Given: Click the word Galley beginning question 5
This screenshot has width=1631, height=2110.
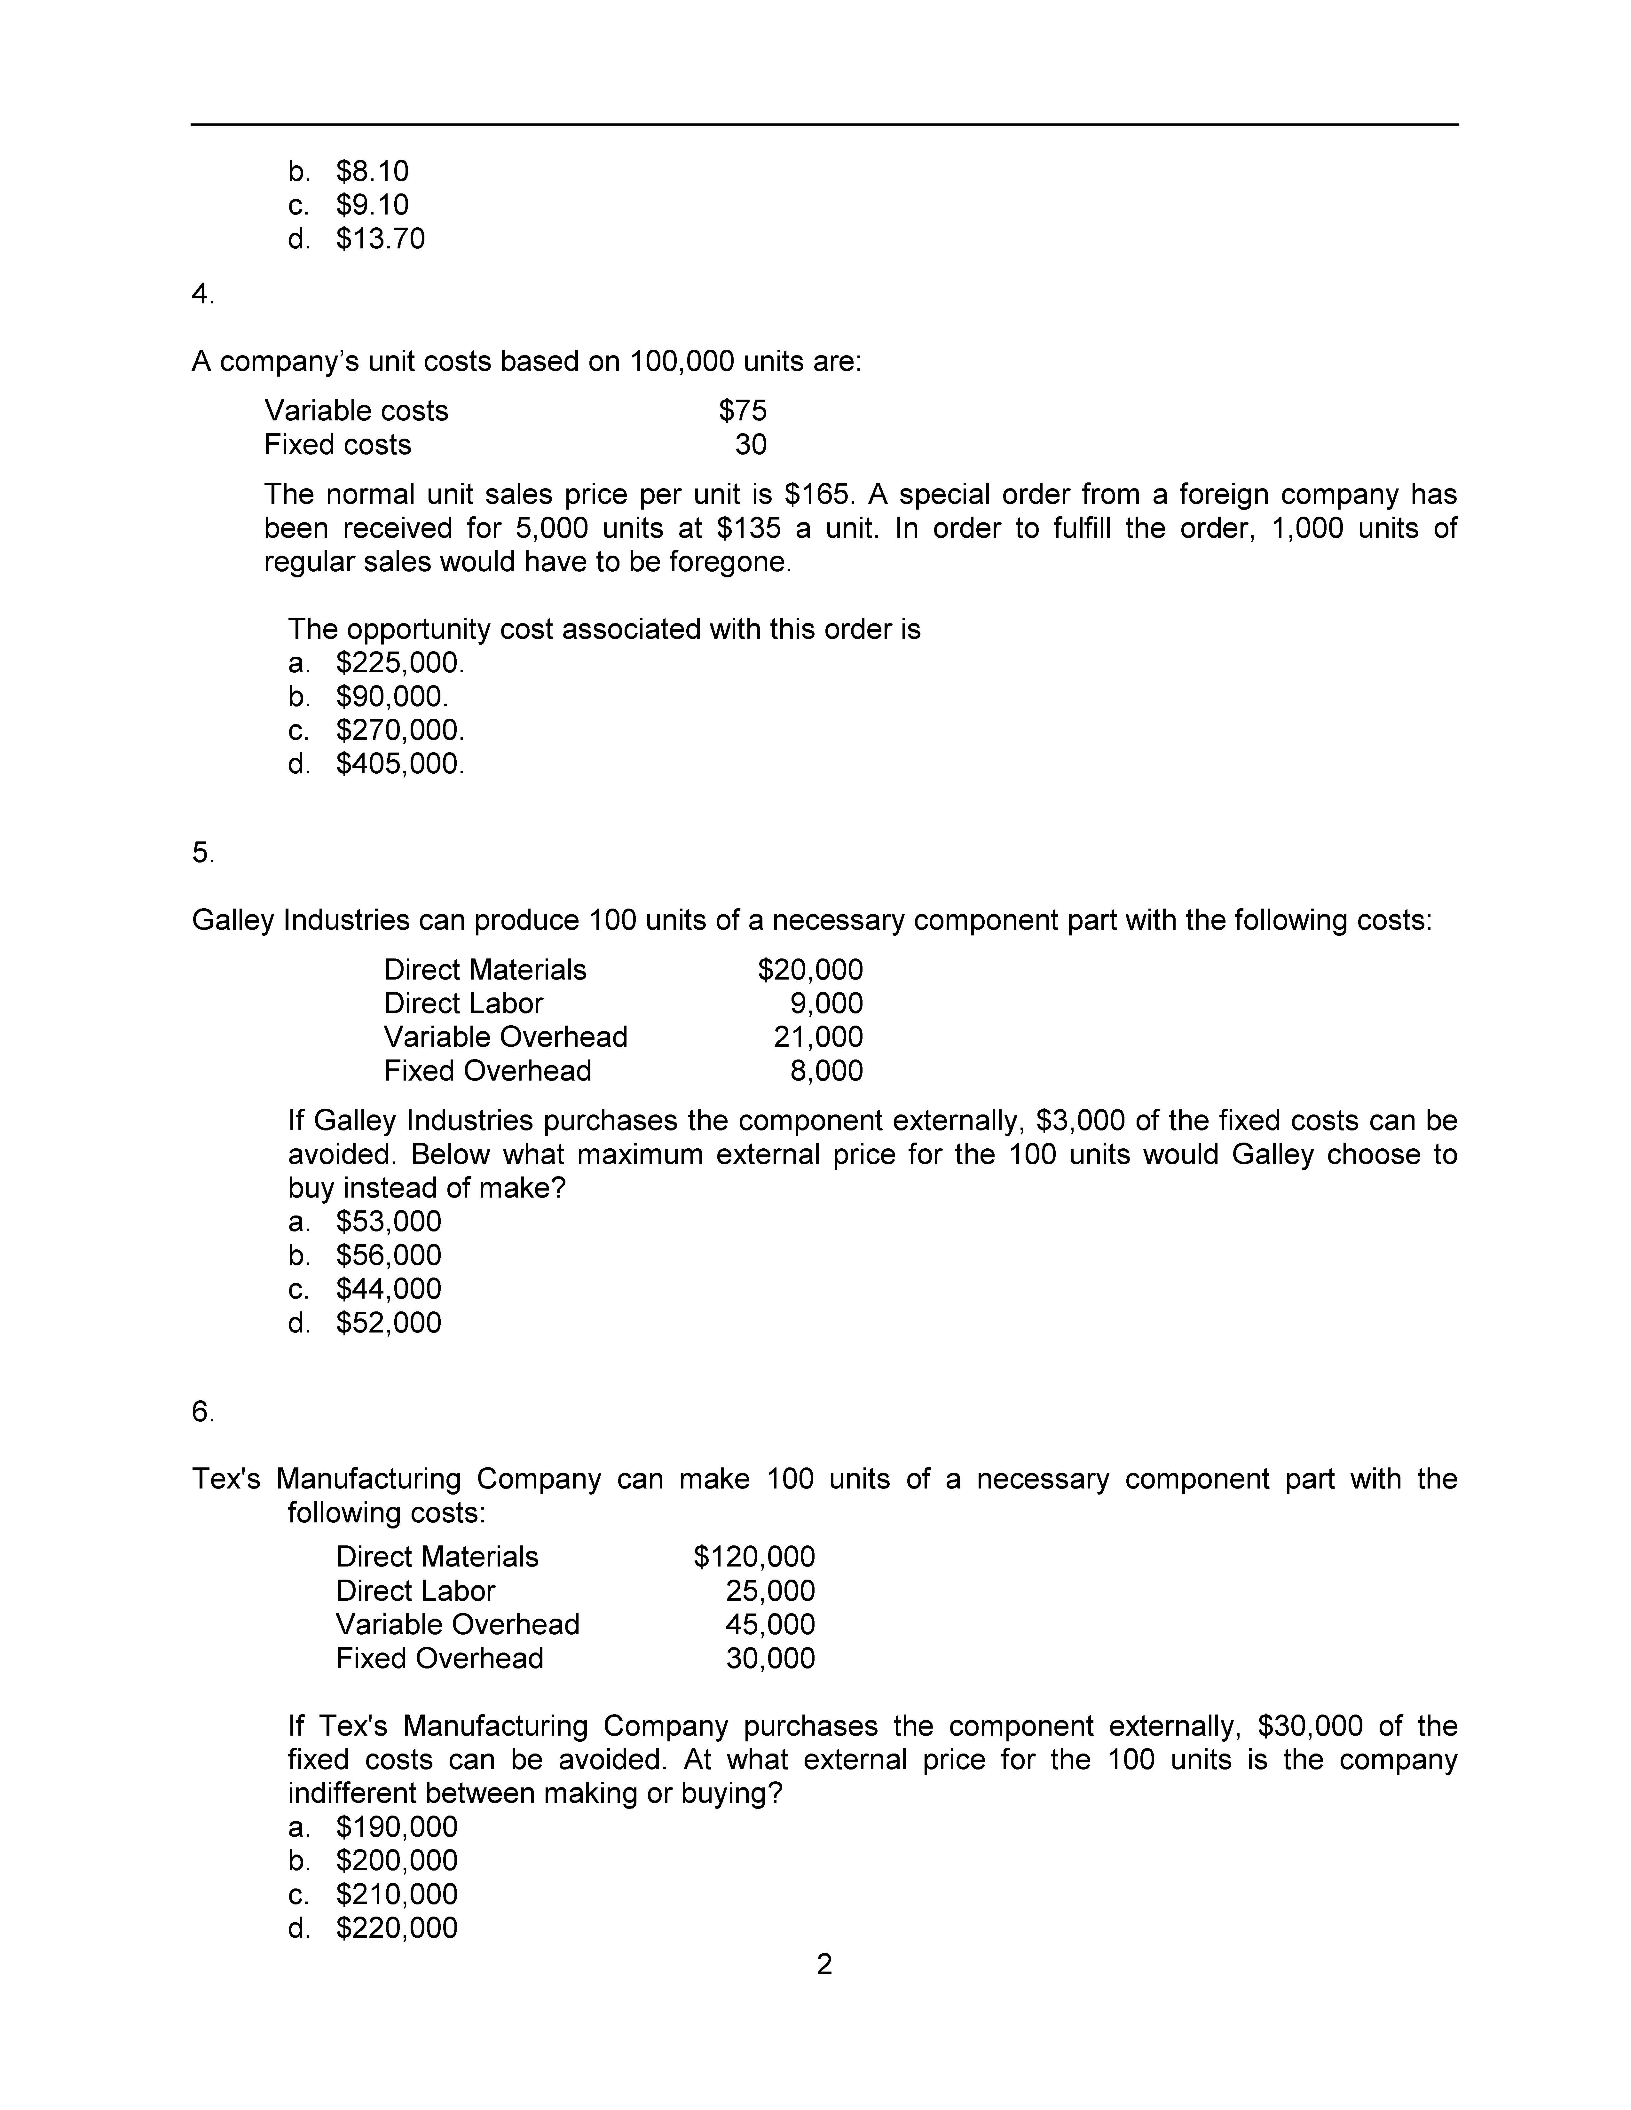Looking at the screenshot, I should pyautogui.click(x=233, y=920).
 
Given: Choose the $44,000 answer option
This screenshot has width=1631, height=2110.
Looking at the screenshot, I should pyautogui.click(x=389, y=1289).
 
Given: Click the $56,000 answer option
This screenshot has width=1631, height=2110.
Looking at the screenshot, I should pyautogui.click(x=389, y=1255).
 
